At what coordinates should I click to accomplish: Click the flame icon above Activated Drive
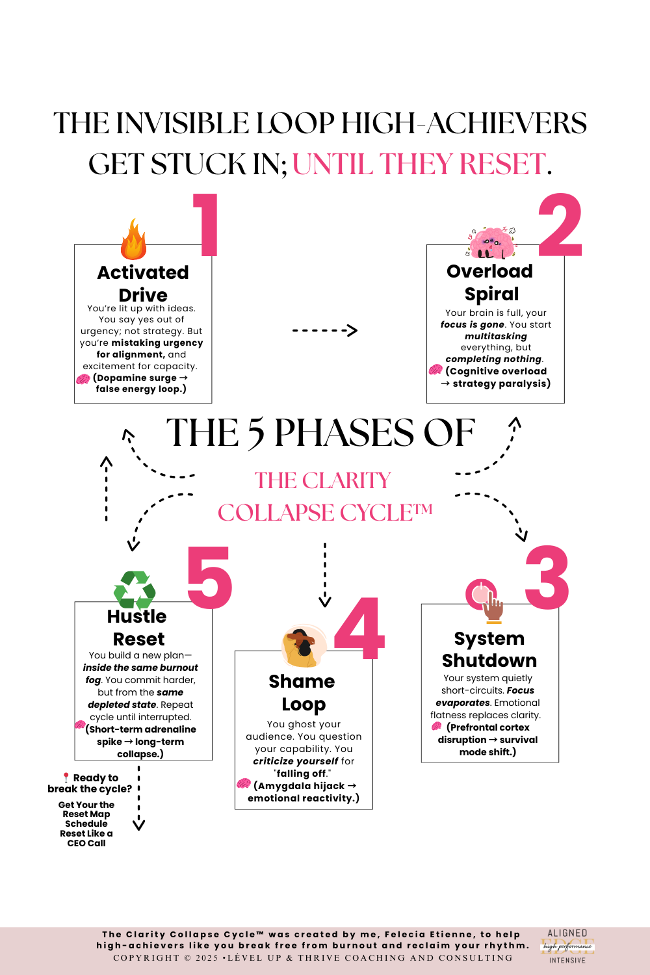(133, 240)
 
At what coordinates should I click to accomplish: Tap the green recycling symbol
(135, 589)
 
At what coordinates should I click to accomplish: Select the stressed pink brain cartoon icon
(492, 243)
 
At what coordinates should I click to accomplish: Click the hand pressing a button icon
(486, 599)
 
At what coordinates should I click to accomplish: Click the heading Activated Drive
(143, 283)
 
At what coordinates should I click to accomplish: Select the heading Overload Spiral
(491, 282)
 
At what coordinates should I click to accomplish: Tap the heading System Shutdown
(489, 649)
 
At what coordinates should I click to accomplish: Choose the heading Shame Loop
(302, 692)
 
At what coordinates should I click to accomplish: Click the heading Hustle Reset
(137, 627)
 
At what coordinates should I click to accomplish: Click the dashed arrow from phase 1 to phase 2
(324, 331)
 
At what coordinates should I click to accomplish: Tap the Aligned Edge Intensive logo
(567, 946)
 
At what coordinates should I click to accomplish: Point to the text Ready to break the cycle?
(90, 783)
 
